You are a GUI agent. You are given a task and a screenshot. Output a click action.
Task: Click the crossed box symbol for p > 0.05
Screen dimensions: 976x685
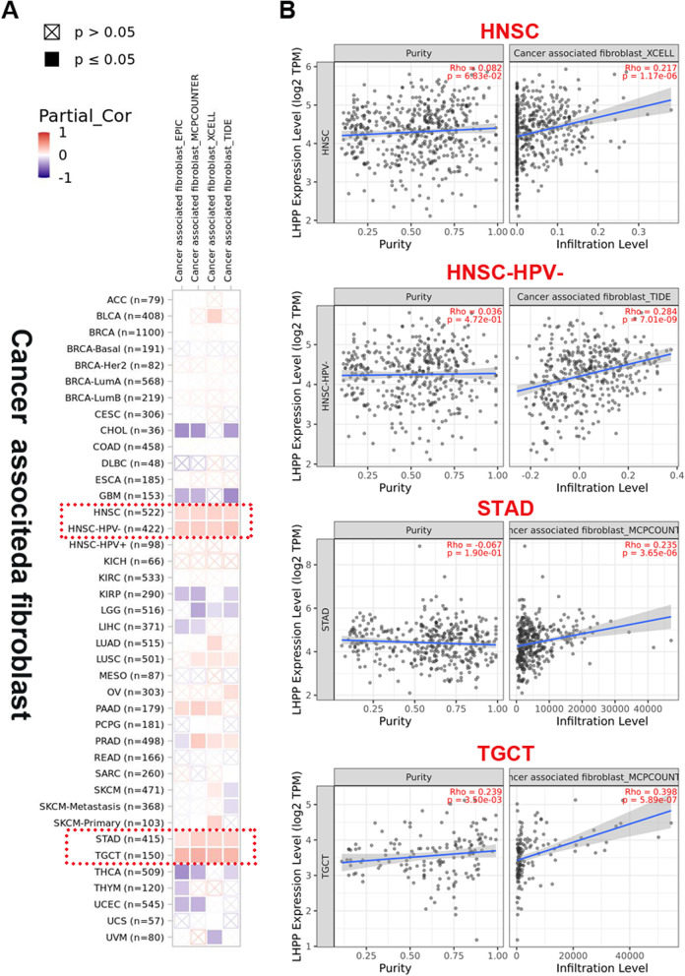51,33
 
